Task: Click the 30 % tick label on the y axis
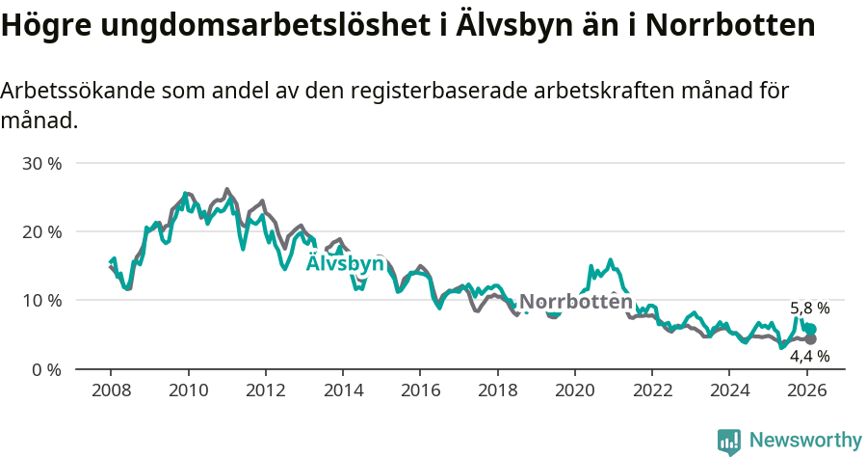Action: pos(41,163)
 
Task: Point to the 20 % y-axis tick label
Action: pos(41,231)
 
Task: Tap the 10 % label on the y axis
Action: pos(41,300)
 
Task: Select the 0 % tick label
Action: pos(46,369)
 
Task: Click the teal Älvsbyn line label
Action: pos(345,264)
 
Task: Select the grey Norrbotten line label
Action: pos(576,302)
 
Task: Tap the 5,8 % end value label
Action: pos(809,309)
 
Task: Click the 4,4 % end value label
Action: pos(809,357)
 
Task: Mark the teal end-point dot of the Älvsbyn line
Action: pos(810,330)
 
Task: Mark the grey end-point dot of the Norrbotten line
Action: pos(810,339)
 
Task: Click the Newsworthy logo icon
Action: pos(729,441)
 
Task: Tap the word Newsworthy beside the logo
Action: pos(805,441)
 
